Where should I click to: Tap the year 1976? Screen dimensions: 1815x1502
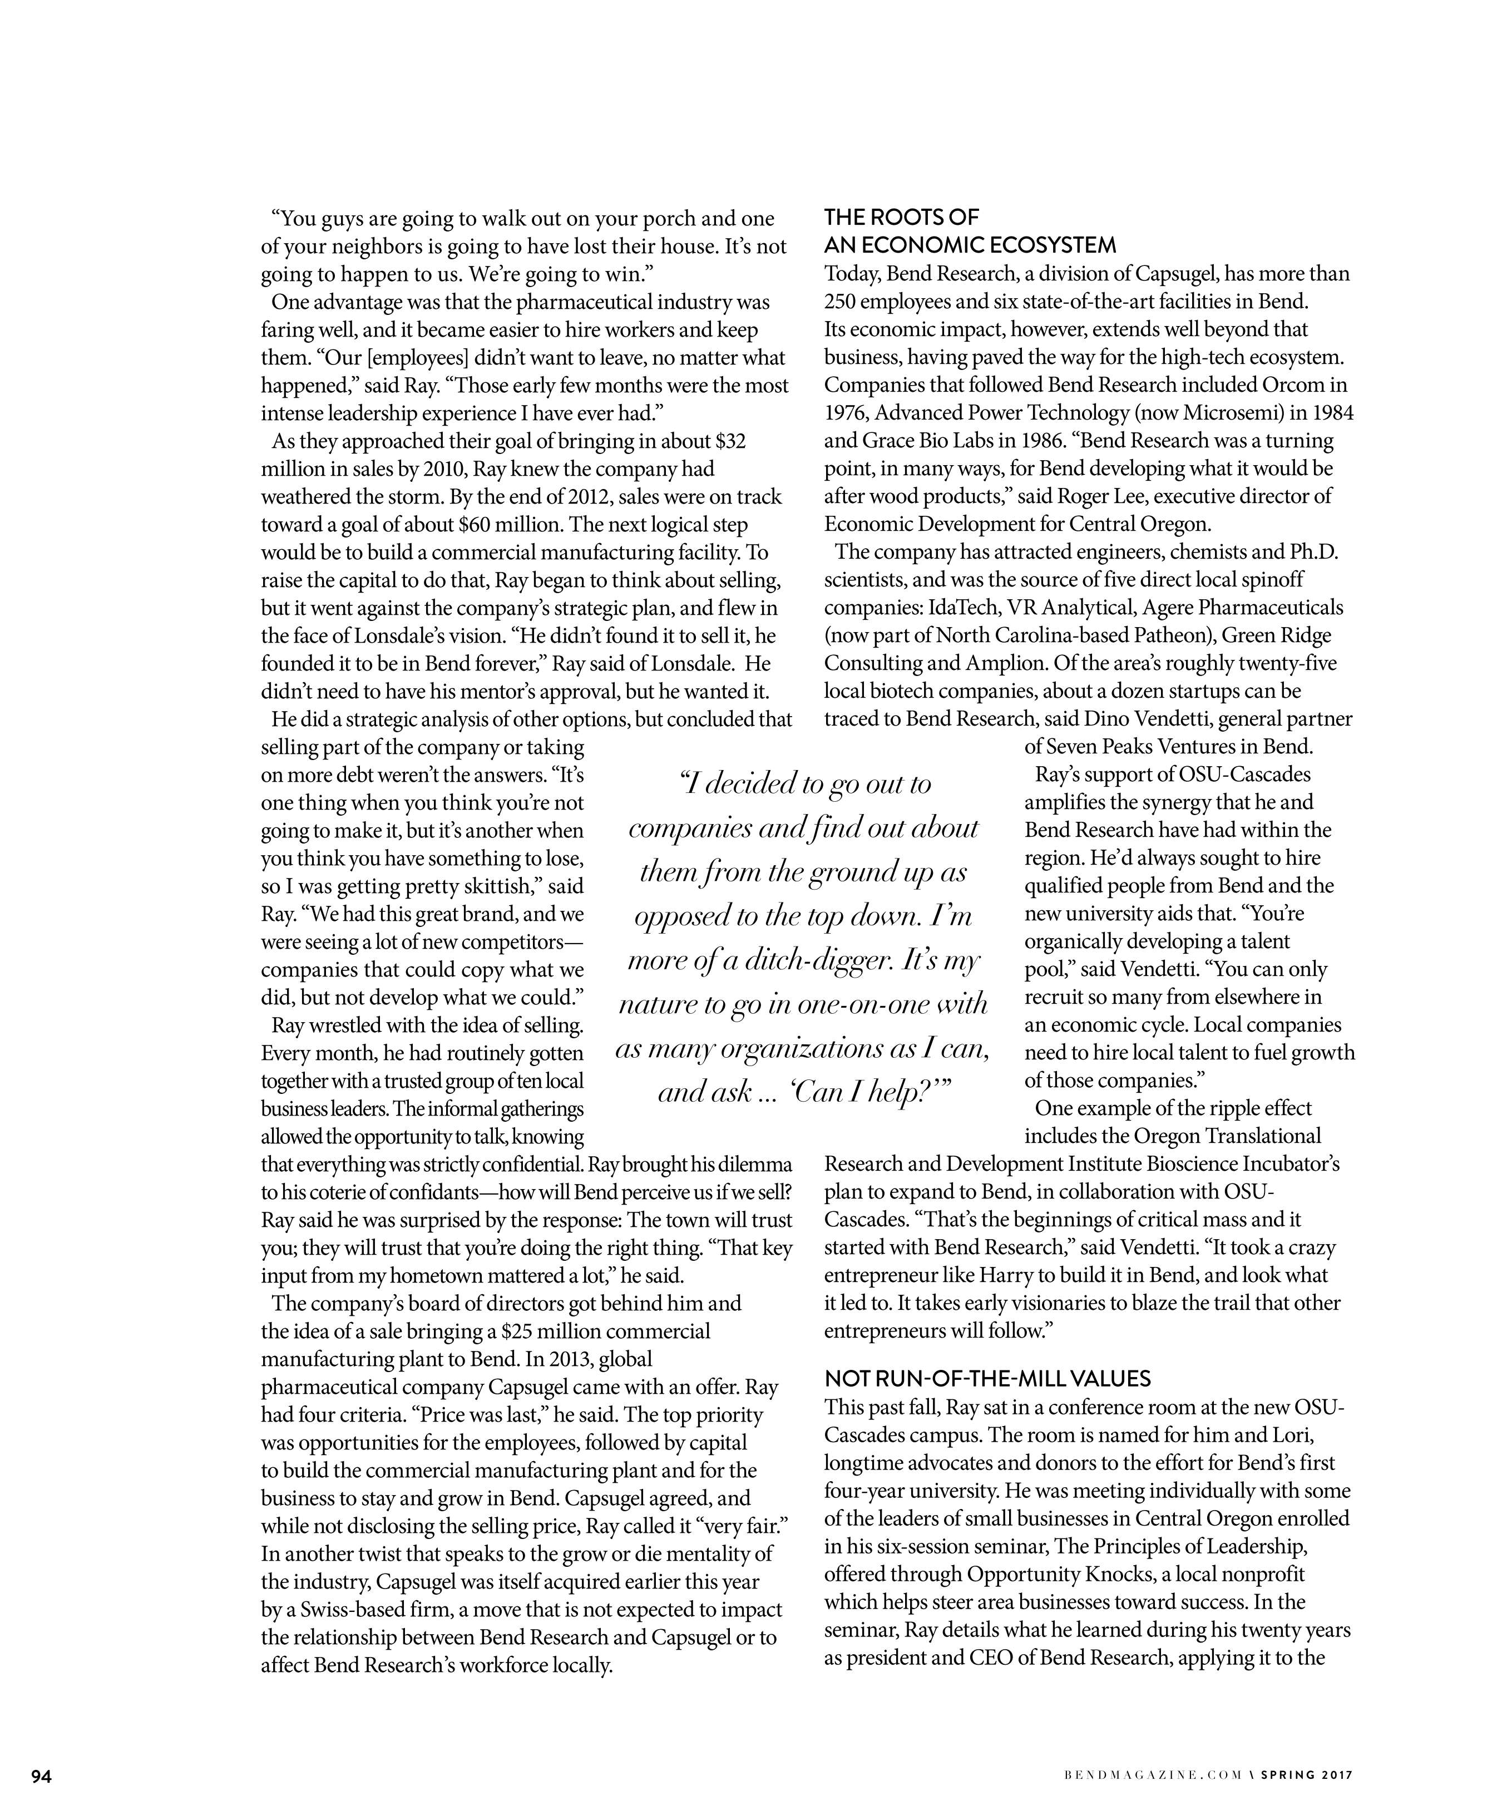[847, 413]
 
